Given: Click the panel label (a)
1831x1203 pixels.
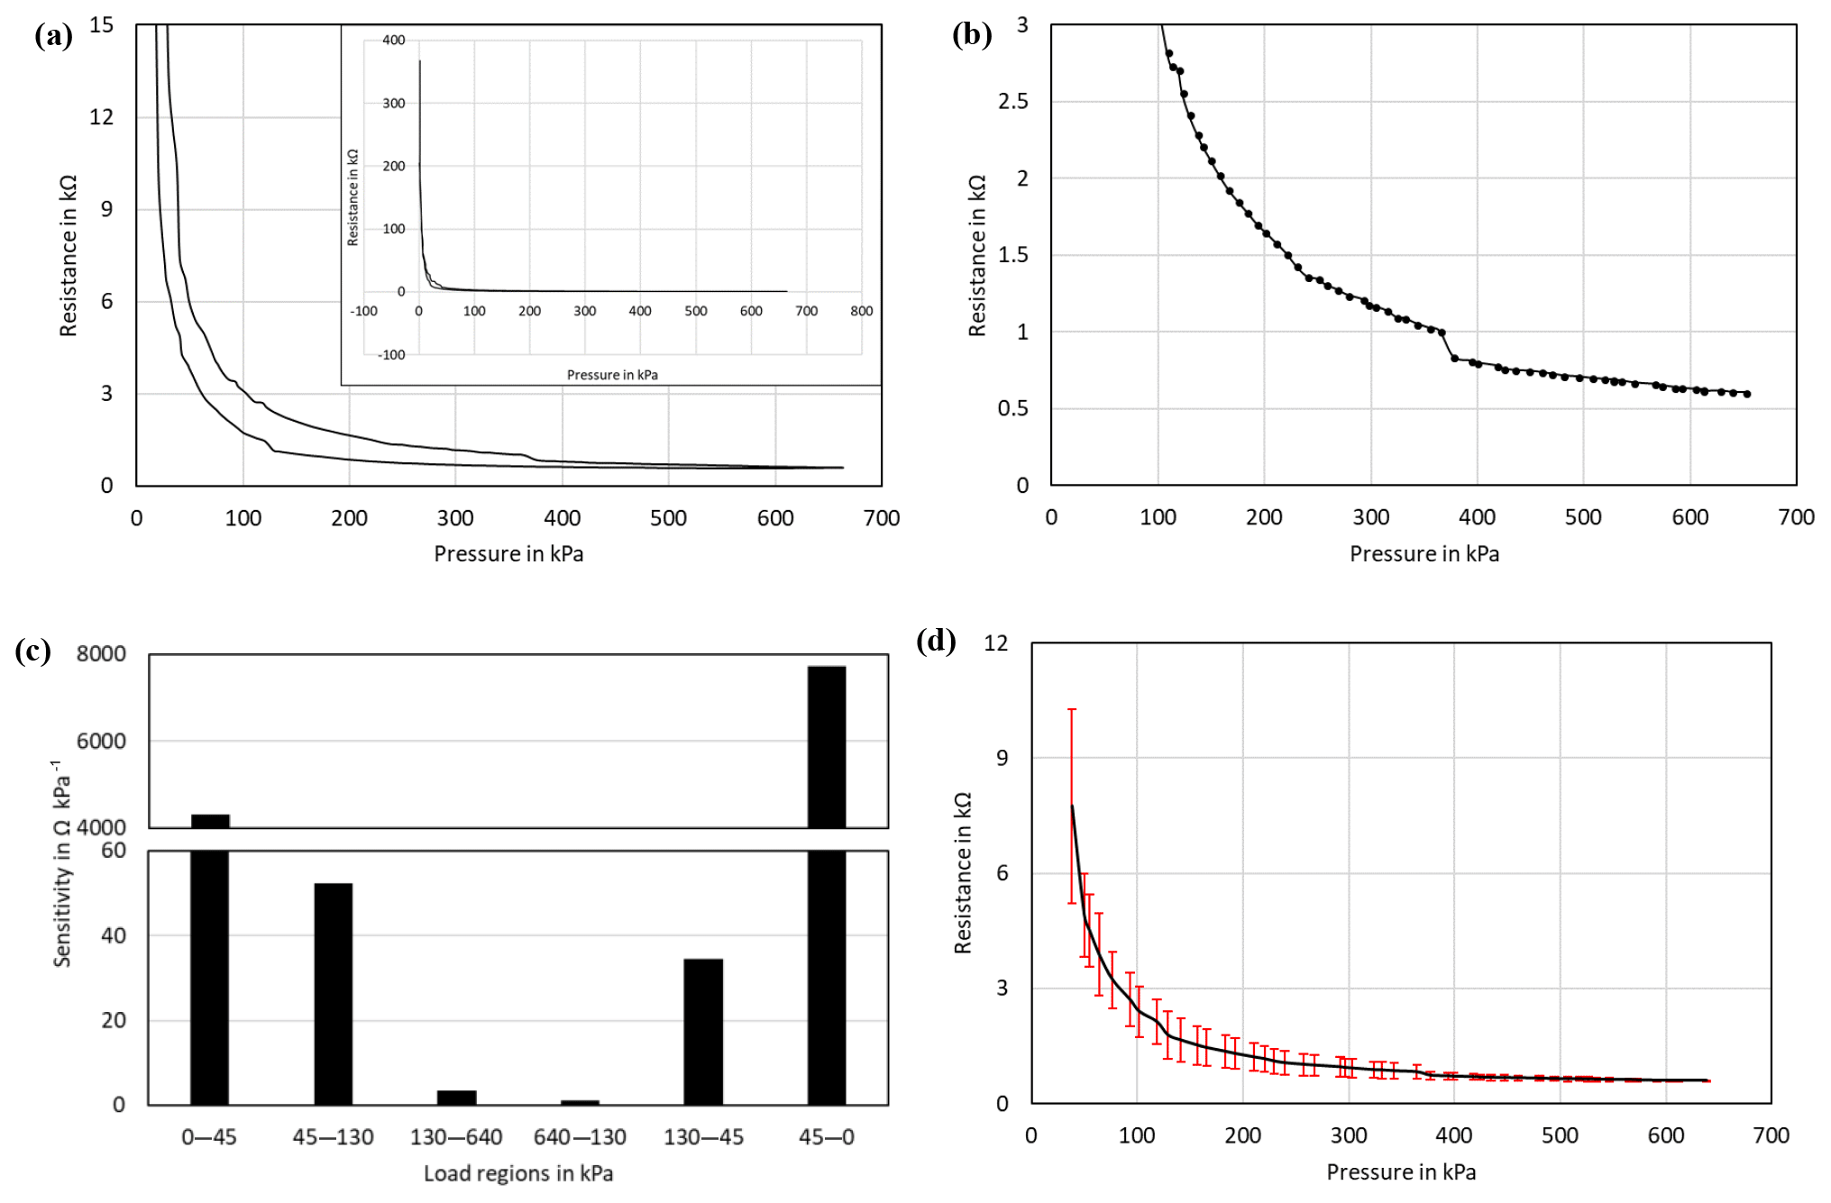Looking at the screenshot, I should click(x=53, y=36).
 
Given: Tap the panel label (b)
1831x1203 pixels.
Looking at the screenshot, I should click(x=972, y=34).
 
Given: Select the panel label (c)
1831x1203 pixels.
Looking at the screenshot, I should click(x=32, y=651).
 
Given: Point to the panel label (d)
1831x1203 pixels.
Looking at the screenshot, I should click(x=936, y=640).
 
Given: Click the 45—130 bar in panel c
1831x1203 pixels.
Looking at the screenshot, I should click(x=333, y=993).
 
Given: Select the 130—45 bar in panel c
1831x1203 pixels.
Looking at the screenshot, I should click(x=703, y=1031).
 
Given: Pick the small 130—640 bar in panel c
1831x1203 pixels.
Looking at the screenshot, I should click(x=456, y=1098).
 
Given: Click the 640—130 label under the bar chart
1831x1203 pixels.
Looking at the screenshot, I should click(x=580, y=1137).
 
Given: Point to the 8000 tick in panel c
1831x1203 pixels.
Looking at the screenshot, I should click(x=101, y=653).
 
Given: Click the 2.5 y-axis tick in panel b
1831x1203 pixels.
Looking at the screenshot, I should click(x=1012, y=101).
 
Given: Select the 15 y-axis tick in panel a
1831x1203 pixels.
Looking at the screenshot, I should click(x=102, y=24).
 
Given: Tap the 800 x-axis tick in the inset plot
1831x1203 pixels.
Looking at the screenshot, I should click(x=861, y=311).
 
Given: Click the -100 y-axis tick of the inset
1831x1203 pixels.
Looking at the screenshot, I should click(x=391, y=355).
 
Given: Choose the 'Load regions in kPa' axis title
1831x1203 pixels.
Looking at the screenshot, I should click(x=518, y=1173).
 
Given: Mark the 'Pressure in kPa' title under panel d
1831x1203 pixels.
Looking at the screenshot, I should click(x=1401, y=1172).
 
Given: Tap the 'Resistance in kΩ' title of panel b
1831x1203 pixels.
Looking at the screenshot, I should click(x=977, y=256).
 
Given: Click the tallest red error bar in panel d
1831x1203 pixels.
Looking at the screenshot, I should click(x=1072, y=806).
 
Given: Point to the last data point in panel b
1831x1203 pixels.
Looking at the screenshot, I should click(x=1747, y=394).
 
